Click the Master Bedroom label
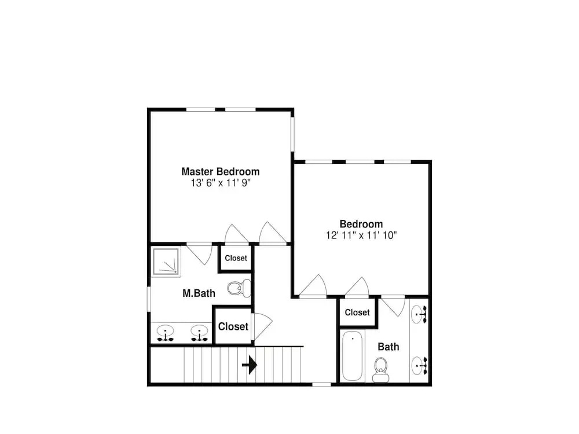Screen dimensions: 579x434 tap(221, 172)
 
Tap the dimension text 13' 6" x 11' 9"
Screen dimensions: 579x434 tap(221, 183)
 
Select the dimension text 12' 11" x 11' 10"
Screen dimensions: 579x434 tap(361, 235)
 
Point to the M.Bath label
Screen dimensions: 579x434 tap(199, 293)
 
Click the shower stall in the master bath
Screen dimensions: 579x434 tap(166, 262)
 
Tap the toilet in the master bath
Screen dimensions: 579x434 tap(239, 288)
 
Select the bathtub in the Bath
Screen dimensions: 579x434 tap(352, 356)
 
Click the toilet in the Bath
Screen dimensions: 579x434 tap(381, 369)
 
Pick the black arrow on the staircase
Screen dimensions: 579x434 tap(250, 365)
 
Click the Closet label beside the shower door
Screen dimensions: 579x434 tap(236, 258)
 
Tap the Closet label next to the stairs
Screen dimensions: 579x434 tap(233, 326)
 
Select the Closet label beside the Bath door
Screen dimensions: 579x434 tap(357, 312)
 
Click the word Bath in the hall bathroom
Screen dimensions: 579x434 tap(389, 347)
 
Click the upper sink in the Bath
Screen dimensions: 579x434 tap(419, 314)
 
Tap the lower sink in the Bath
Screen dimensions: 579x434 tap(419, 365)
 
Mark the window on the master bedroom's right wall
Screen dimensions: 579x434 tap(292, 134)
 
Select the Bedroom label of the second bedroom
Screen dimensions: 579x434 tap(361, 224)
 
